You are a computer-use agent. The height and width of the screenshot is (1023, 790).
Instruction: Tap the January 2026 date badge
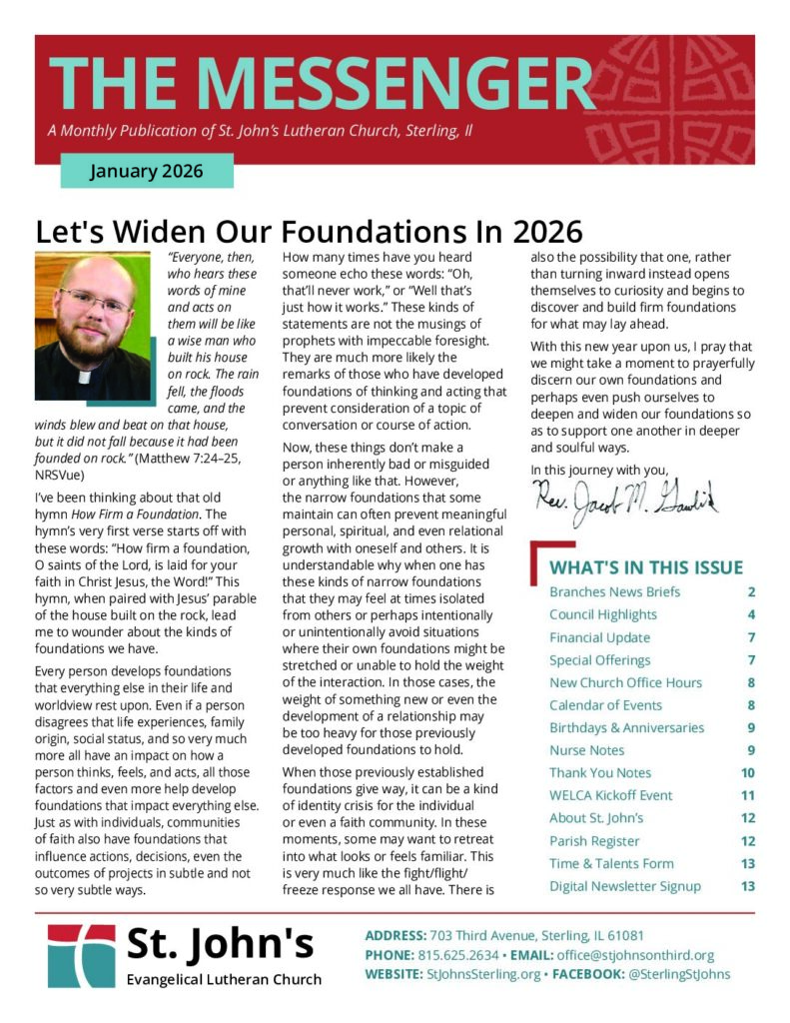tap(146, 171)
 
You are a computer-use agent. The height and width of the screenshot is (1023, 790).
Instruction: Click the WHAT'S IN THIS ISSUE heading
tap(646, 567)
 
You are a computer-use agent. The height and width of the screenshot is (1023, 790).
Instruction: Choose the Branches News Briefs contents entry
tap(614, 591)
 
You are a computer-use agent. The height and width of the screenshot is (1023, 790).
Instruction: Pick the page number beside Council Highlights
tap(750, 614)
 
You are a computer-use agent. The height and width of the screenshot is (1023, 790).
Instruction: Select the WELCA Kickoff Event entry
tap(610, 795)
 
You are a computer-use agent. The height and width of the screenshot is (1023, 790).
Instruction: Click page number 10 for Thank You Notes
tap(747, 773)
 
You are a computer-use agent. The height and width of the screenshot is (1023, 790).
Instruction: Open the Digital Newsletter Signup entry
tap(624, 886)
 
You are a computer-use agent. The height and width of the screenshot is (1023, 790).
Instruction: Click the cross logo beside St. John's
tap(81, 956)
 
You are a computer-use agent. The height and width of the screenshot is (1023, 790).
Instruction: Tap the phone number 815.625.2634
tap(461, 955)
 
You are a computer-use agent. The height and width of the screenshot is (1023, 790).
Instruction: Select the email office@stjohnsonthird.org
tap(639, 955)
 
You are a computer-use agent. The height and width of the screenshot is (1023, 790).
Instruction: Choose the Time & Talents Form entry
tap(611, 863)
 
